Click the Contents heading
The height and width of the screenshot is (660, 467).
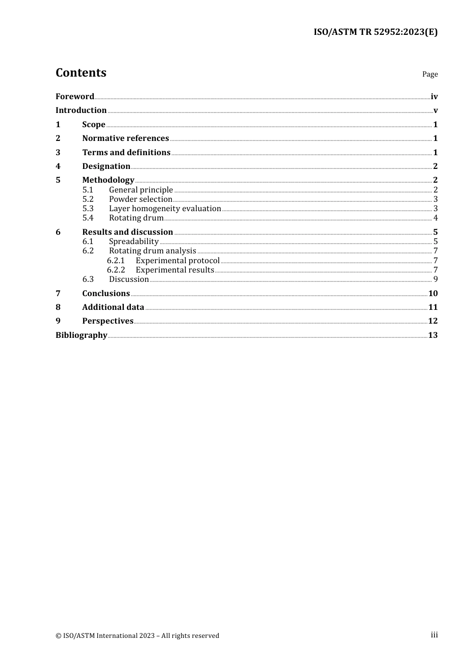[x=81, y=73]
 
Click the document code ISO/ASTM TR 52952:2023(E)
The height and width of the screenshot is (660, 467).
[x=376, y=32]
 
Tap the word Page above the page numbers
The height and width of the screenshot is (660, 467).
[x=430, y=74]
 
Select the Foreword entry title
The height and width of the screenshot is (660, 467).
[x=75, y=97]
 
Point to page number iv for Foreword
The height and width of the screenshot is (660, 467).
[x=434, y=97]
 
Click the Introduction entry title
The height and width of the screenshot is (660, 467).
[x=81, y=110]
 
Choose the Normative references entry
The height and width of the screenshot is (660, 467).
[x=125, y=138]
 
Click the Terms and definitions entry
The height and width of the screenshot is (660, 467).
[x=126, y=153]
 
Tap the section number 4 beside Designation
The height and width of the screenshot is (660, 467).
[x=58, y=166]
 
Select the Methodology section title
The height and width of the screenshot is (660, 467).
[x=108, y=180]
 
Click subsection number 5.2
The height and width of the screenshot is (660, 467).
[x=88, y=199]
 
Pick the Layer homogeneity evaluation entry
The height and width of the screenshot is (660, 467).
[x=165, y=209]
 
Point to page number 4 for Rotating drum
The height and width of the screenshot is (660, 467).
[x=436, y=218]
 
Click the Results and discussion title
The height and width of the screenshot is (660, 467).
[x=127, y=232]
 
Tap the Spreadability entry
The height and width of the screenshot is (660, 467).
[x=134, y=242]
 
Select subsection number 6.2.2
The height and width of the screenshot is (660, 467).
[x=116, y=270]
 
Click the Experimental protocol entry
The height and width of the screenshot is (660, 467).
[x=177, y=261]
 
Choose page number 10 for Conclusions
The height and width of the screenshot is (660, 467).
[x=433, y=294]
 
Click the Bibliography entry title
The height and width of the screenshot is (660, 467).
[x=81, y=335]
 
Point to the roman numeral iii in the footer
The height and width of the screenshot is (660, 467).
[x=434, y=635]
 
